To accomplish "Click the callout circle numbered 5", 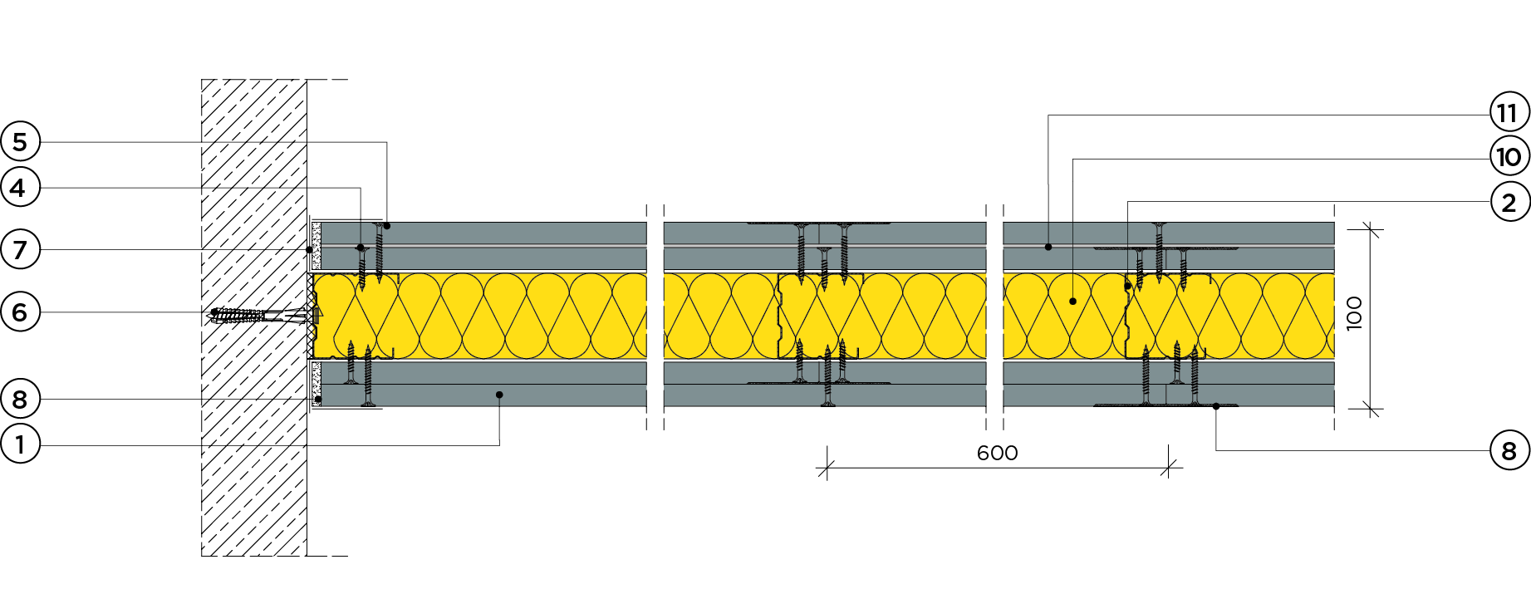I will click(20, 142).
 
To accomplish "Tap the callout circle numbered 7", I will click(20, 249).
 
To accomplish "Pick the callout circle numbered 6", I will click(20, 312).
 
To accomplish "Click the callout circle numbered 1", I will click(20, 444).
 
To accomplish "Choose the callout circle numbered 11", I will click(1509, 113).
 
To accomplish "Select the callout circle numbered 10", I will click(1509, 156).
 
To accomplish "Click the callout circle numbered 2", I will click(1509, 202).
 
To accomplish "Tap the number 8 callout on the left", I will click(20, 400).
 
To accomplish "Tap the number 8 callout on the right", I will click(1509, 451).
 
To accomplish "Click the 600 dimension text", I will click(997, 453).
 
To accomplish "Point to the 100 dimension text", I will click(1353, 313).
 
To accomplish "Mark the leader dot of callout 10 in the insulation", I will click(1072, 301).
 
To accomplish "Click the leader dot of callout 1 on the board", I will click(499, 395).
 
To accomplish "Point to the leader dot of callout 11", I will click(1048, 247).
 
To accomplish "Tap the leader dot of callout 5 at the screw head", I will click(387, 225).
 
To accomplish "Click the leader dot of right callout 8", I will click(1216, 406).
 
